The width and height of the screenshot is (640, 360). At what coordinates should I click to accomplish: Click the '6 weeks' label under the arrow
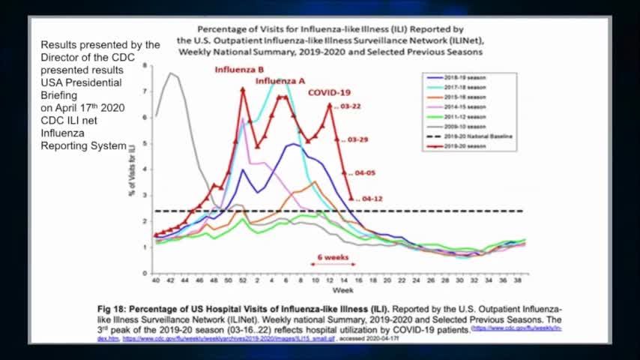[x=333, y=256]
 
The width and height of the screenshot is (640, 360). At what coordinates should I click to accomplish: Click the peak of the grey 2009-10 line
[x=171, y=73]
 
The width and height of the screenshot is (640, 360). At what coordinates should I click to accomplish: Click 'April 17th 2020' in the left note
[x=82, y=107]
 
